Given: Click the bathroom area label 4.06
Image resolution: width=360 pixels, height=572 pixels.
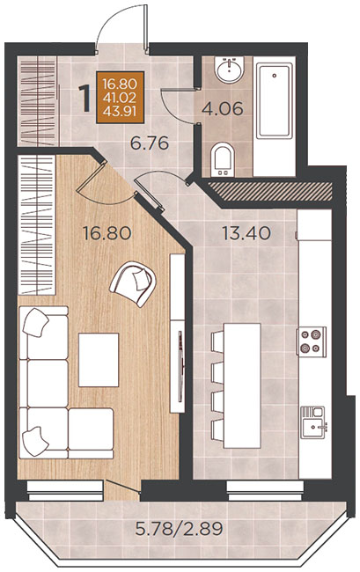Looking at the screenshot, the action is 222,109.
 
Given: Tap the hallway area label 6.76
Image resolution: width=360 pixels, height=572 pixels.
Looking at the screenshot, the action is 150,143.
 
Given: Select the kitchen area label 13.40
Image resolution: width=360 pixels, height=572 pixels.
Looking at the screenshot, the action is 246,233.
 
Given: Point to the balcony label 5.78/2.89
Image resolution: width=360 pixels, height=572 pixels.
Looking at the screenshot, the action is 179,528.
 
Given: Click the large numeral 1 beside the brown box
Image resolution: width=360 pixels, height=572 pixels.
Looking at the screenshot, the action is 85,99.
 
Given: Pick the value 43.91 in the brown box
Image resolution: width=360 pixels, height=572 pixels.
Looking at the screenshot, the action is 120,111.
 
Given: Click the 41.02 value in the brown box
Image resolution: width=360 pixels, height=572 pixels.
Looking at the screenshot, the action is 120,98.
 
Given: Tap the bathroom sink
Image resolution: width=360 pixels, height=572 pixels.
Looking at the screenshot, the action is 229,70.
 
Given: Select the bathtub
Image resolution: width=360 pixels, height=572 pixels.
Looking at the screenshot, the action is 275,100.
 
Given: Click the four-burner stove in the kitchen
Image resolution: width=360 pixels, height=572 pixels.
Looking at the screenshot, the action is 311,341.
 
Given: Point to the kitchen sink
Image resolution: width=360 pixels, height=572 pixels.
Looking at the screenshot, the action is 312,422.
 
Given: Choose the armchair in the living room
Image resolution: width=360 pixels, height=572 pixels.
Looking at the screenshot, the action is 133,283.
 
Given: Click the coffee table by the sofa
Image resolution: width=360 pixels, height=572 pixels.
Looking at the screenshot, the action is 99,360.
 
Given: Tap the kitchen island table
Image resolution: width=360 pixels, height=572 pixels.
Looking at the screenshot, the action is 242,385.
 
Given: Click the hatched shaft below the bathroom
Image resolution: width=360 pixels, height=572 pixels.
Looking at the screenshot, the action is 269,191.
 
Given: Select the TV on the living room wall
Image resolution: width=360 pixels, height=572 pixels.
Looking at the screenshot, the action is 180,365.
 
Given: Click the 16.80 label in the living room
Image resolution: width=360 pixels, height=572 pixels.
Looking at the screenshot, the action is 107,233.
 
